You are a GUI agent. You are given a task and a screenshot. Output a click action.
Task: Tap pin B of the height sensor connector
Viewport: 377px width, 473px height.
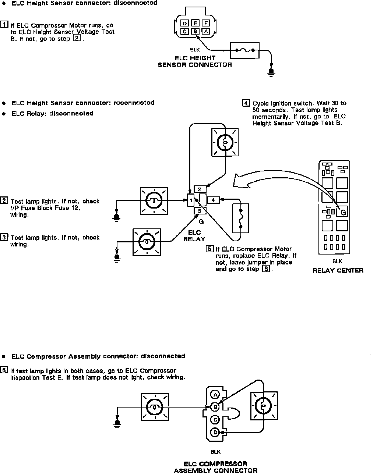[x=196, y=32]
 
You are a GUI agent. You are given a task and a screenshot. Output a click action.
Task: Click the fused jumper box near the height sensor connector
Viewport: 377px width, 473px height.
[x=244, y=50]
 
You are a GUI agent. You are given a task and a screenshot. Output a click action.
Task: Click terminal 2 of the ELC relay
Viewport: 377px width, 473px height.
[x=200, y=189]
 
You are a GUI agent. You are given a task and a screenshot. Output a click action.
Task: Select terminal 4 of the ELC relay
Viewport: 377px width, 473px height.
[x=213, y=200]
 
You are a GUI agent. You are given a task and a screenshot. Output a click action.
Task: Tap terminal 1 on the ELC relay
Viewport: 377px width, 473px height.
[x=191, y=200]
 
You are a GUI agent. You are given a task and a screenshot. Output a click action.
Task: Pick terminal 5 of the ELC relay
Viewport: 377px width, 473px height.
[x=200, y=211]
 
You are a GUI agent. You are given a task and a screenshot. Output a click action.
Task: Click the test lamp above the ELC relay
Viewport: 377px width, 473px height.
[x=224, y=142]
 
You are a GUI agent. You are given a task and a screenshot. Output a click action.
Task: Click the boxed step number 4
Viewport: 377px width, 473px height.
[x=246, y=103]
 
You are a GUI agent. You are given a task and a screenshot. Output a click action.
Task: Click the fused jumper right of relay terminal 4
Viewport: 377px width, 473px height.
[x=240, y=218]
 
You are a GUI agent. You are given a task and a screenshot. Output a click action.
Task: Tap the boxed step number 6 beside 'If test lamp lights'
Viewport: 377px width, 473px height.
[x=4, y=370]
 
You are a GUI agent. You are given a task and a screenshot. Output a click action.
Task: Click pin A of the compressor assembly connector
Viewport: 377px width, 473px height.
[x=215, y=395]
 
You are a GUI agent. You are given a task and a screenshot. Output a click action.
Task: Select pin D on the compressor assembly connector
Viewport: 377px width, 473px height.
[x=215, y=432]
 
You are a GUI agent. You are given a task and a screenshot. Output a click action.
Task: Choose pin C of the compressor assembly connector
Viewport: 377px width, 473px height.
[x=215, y=420]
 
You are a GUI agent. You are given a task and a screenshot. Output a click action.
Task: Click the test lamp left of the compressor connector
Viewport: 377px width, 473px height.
[x=155, y=407]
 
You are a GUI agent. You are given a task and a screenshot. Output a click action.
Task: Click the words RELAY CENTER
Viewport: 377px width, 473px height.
[x=338, y=270]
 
